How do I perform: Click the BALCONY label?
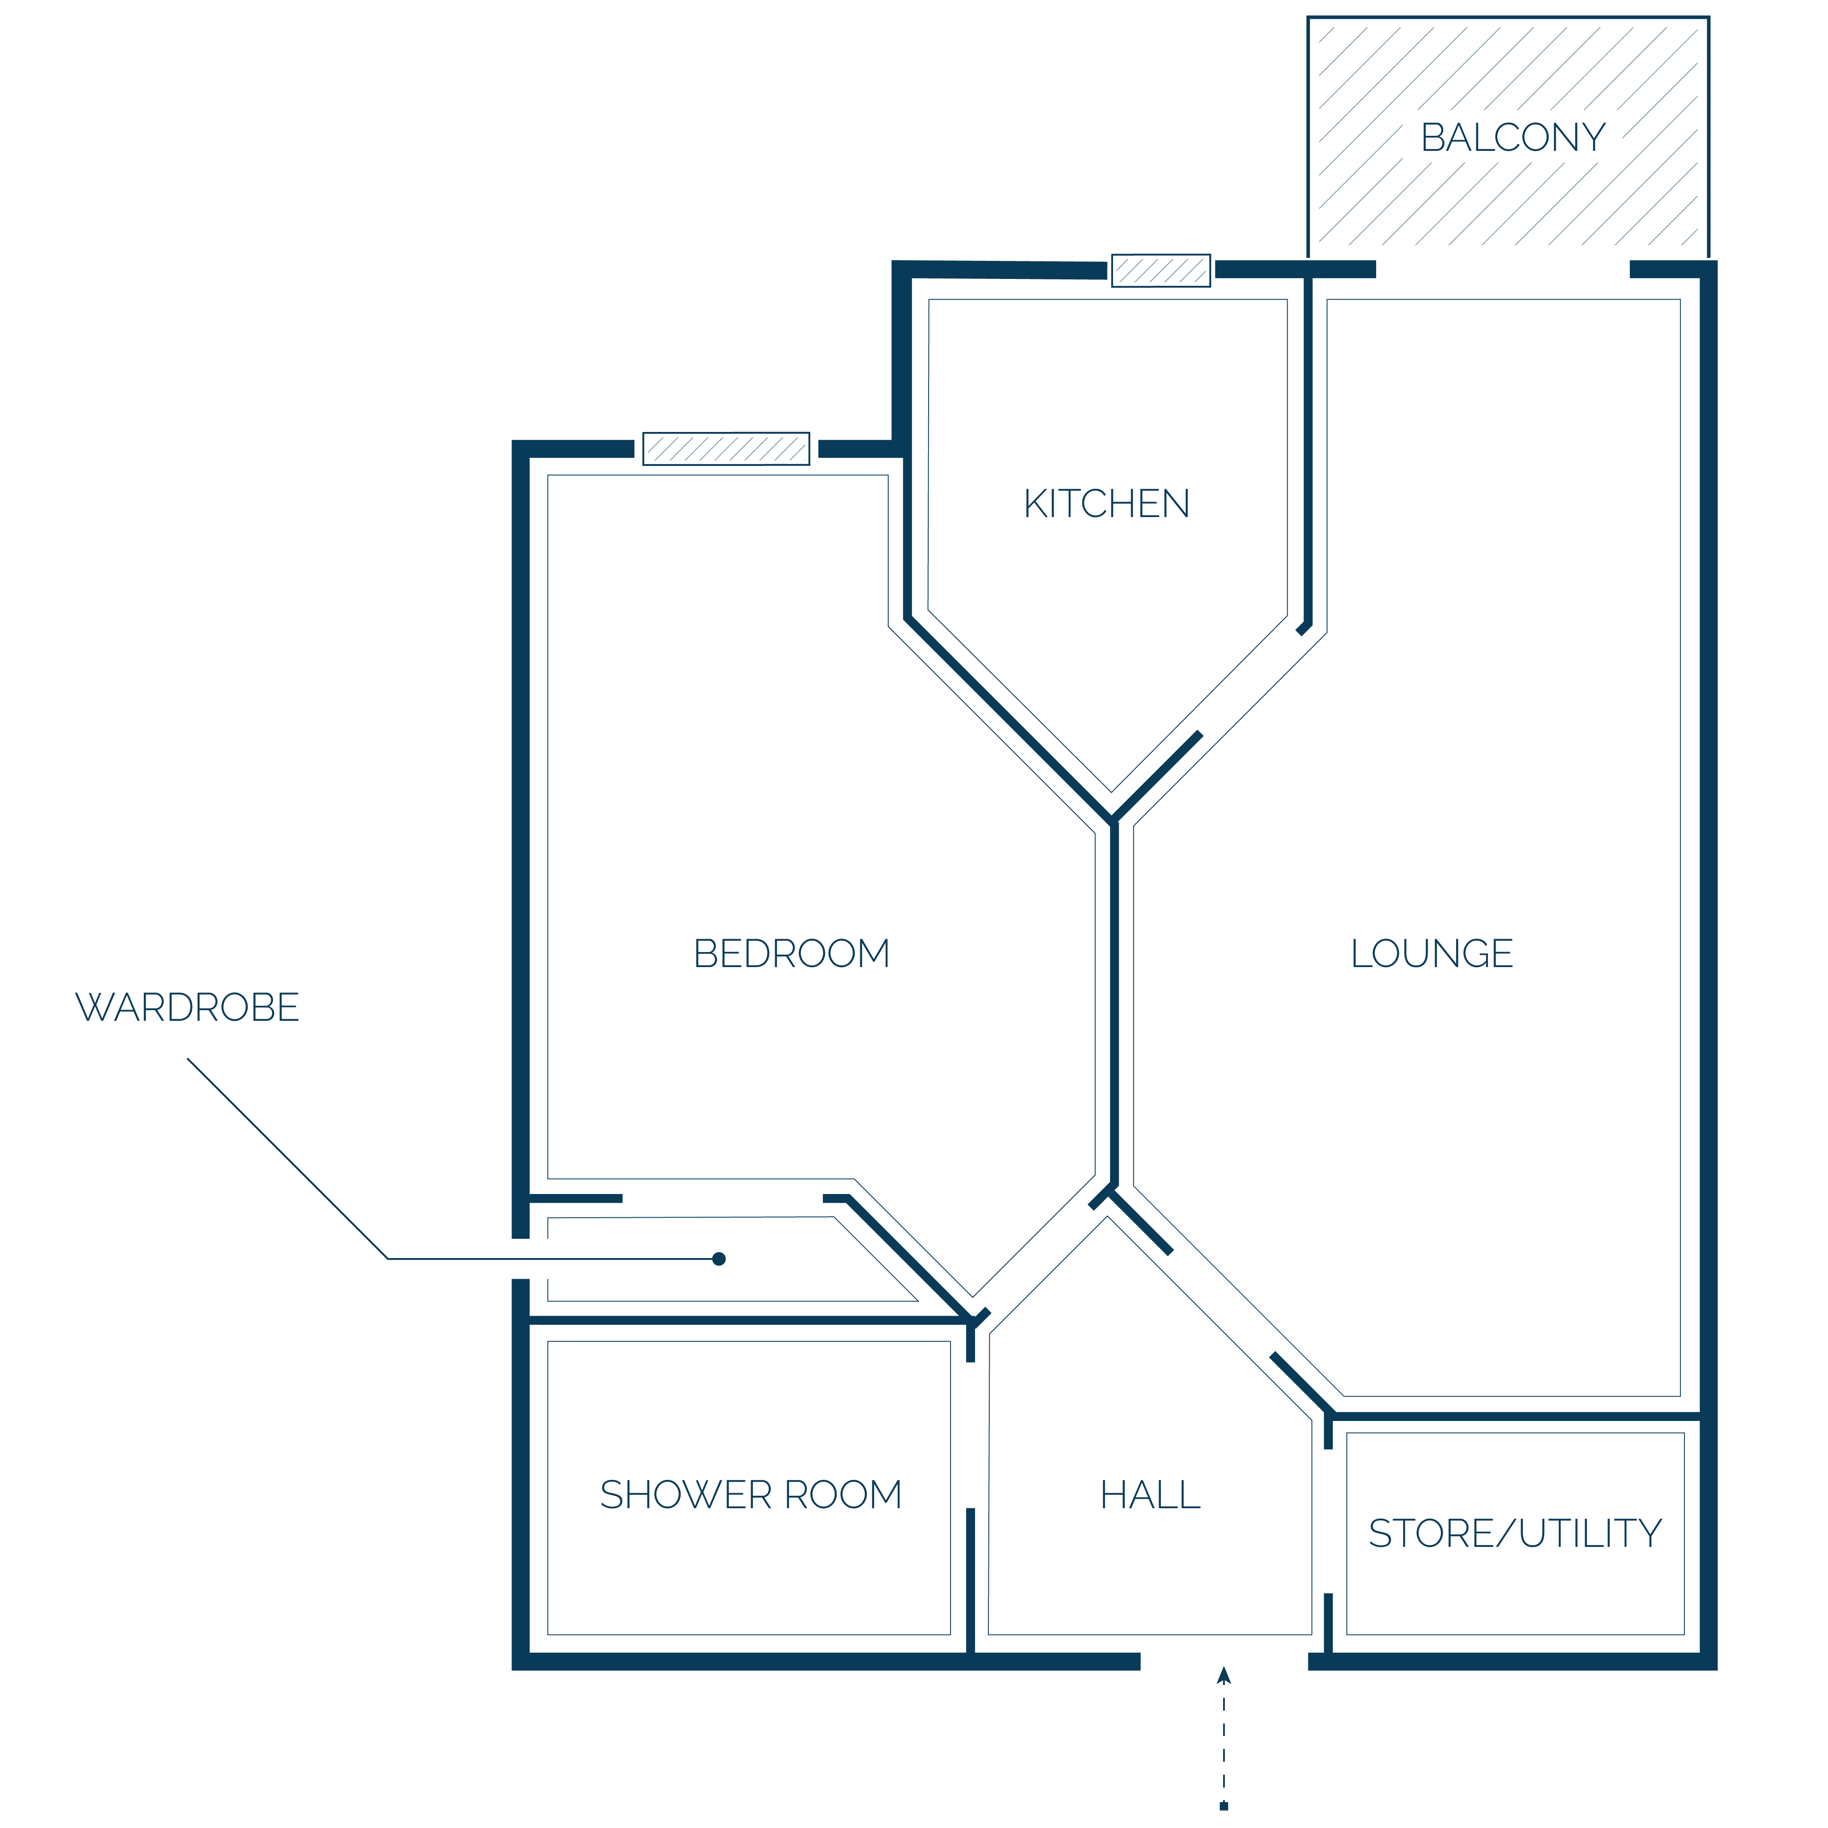click(1513, 137)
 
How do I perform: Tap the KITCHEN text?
click(1106, 503)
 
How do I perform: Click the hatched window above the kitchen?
click(1161, 271)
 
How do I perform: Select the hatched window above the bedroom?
click(726, 448)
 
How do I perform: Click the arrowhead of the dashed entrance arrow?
click(1224, 1675)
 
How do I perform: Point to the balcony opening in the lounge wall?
click(1503, 269)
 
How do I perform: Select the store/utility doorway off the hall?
click(1328, 1522)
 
